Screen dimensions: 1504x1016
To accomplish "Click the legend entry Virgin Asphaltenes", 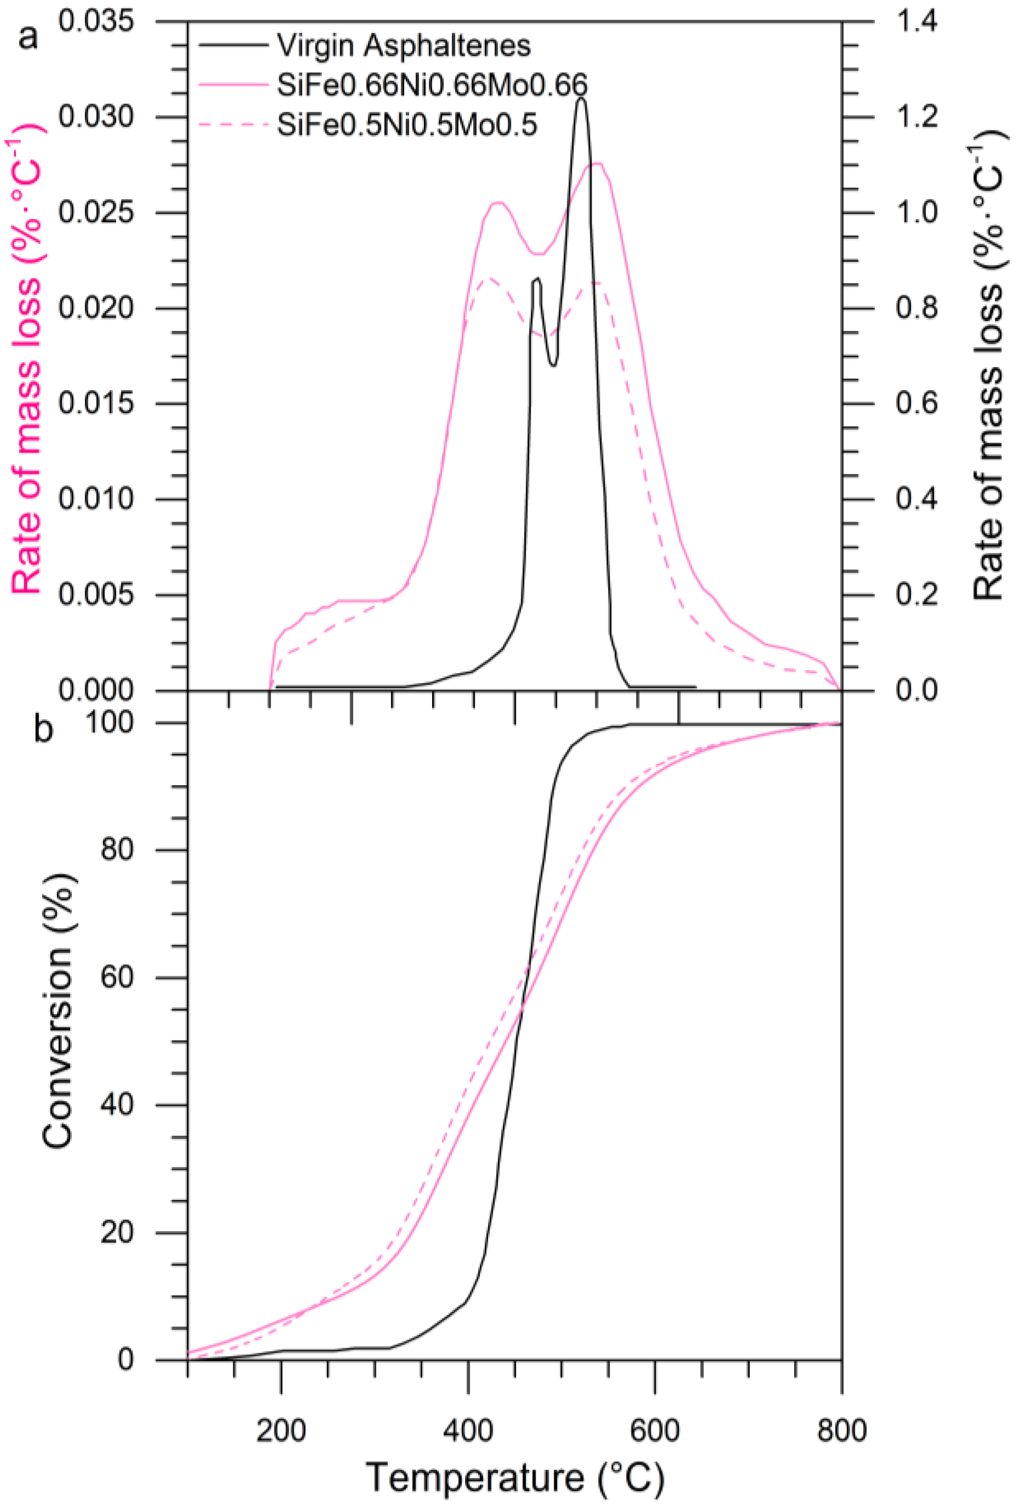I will coord(404,45).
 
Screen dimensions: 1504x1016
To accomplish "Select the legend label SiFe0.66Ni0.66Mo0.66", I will coord(432,85).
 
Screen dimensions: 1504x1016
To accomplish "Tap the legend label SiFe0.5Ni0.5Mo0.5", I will coord(407,125).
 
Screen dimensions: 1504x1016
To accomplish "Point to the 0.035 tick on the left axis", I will coord(96,21).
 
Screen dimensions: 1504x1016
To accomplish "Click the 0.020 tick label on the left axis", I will coord(96,308).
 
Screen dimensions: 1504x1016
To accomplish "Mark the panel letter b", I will coord(43,729).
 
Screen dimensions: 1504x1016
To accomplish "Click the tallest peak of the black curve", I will coord(581,99).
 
